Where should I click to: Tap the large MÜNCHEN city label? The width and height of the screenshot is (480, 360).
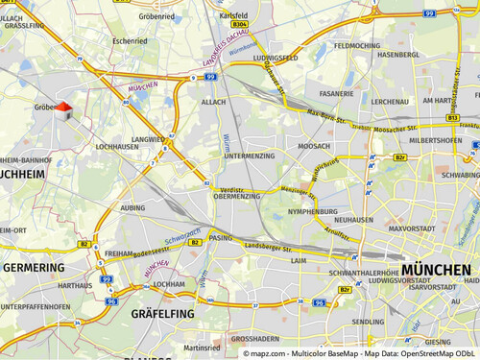pos(437,270)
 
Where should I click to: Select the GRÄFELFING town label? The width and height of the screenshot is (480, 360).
pos(162,314)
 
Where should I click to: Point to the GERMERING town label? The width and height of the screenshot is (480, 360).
pos(33,268)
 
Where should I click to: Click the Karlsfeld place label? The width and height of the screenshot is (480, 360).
pos(233,17)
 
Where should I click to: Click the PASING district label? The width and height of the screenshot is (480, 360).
pos(220,237)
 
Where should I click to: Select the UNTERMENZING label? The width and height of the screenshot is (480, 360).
pos(249,156)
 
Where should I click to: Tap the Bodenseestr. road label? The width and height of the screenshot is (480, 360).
pos(150,250)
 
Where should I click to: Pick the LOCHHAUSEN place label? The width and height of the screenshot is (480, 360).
pos(118,148)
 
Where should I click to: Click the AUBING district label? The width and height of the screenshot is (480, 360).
pos(132,207)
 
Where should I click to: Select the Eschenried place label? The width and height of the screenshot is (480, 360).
pos(130,41)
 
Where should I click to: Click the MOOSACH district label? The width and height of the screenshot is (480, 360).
pos(314,146)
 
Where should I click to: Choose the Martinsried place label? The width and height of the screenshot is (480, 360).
pos(203,348)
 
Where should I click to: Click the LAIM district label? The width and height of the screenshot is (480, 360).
pos(298,259)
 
